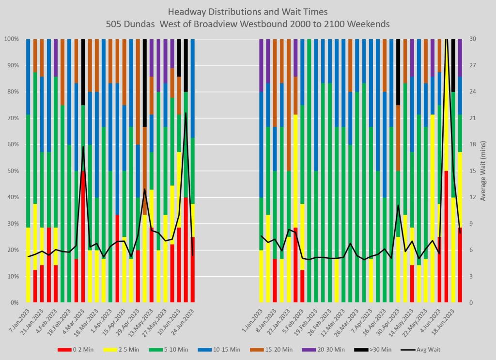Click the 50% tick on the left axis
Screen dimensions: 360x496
[12, 171]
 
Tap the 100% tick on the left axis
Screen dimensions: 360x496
[11, 39]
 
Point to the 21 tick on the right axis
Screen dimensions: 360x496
[472, 118]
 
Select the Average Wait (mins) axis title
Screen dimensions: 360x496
[483, 171]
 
